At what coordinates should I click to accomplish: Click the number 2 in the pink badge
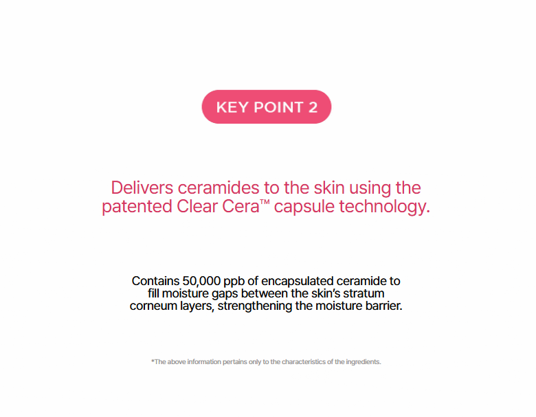(x=313, y=107)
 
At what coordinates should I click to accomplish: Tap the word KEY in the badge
(x=232, y=107)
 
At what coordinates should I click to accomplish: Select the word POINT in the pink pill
(x=278, y=107)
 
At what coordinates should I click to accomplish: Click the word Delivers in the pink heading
(x=142, y=188)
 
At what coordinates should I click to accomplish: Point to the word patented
(x=137, y=207)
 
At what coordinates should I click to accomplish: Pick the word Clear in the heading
(x=197, y=207)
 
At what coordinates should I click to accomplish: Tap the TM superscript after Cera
(x=265, y=202)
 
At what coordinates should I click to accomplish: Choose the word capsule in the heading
(x=304, y=207)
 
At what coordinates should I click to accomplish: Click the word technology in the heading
(x=382, y=207)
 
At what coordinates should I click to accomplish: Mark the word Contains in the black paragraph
(x=155, y=281)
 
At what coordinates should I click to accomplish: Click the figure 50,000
(x=201, y=281)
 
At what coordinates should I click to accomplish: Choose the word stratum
(x=364, y=293)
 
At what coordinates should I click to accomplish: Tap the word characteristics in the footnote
(x=304, y=361)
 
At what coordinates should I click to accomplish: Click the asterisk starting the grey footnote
(x=153, y=361)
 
